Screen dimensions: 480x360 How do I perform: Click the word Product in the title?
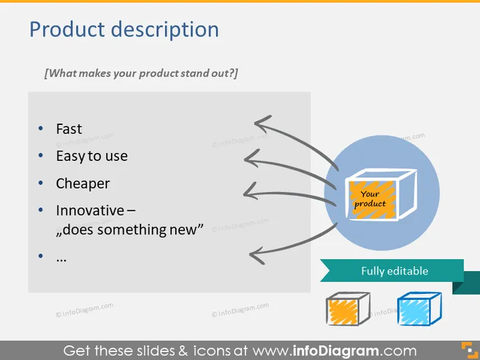coord(67,29)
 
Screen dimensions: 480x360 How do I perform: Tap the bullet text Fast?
coord(69,129)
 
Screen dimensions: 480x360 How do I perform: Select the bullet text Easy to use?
coord(92,156)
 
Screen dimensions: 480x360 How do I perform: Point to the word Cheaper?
coord(83,184)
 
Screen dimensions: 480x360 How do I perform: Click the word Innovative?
coord(90,210)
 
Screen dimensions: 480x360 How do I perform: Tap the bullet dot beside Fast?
coord(41,128)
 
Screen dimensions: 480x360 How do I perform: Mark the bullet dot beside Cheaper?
coord(41,183)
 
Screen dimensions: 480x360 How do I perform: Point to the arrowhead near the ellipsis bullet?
coord(256,255)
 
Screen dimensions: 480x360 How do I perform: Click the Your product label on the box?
coord(370,199)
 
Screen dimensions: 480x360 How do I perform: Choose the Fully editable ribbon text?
coord(394,271)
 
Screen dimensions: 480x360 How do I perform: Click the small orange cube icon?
coord(348,309)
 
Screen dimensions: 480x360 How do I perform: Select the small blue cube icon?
coord(419,309)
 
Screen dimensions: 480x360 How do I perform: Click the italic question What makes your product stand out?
coord(141,73)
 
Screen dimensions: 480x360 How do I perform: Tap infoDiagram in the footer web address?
coord(336,351)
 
